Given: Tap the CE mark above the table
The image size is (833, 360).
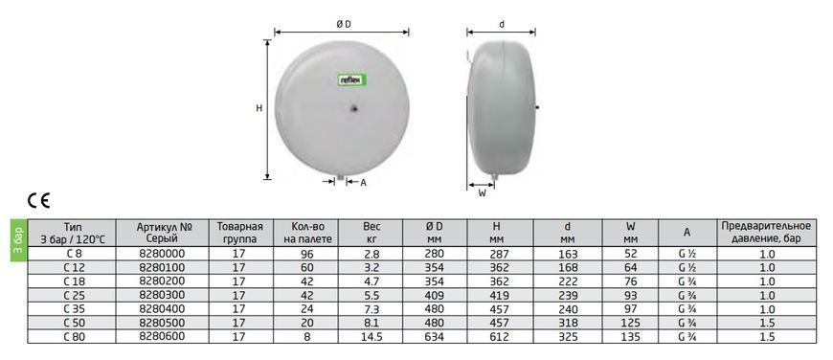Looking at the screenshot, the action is pos(38,200).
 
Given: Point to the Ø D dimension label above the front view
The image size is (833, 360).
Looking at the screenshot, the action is pos(344,24).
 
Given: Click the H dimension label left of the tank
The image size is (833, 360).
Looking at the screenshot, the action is pos(259,108).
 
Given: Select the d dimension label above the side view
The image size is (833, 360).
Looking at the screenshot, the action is pos(502,25).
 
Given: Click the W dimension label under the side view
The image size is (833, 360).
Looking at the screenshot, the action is pos(483,193).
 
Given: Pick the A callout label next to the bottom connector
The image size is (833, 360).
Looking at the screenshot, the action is pos(364,182).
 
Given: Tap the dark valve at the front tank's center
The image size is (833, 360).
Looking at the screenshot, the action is pos(354,108).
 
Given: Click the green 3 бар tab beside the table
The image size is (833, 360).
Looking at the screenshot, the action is pos(17,240).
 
